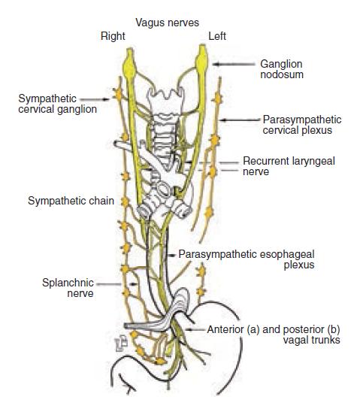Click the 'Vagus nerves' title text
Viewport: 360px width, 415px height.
coord(167,23)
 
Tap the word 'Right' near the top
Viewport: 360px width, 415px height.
coord(113,36)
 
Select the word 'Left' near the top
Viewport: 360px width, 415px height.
coord(217,36)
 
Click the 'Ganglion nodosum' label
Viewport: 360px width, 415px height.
coord(282,69)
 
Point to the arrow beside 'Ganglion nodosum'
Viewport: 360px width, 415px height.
coord(234,64)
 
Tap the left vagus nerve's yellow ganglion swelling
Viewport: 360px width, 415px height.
coord(201,60)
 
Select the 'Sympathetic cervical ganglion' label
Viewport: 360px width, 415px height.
coord(57,104)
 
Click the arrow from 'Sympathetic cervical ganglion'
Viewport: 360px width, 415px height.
coord(95,99)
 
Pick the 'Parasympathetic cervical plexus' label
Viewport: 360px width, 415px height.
coord(302,125)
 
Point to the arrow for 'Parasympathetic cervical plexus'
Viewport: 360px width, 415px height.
coord(240,120)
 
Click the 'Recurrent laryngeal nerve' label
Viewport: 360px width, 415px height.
coord(289,166)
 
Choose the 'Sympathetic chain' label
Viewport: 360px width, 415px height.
coord(71,201)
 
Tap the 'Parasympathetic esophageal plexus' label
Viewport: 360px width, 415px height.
coord(247,259)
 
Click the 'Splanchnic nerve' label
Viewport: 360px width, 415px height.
coord(68,288)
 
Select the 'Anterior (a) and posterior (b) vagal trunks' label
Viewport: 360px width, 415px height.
coord(274,335)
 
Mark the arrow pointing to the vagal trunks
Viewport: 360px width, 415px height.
coord(195,330)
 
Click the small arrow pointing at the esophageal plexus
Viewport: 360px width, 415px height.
coord(172,256)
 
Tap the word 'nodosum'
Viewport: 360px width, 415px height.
coord(282,74)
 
